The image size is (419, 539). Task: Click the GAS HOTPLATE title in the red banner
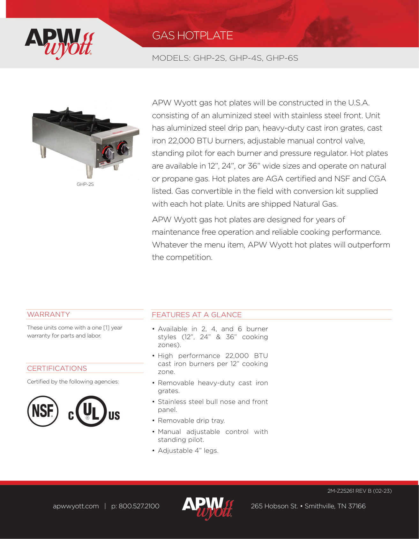click(192, 35)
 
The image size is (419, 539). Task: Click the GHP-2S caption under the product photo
click(85, 184)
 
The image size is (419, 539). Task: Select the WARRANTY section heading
click(49, 315)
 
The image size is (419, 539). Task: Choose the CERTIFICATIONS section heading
click(57, 368)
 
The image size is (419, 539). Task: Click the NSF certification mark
click(43, 411)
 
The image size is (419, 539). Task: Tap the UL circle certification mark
click(91, 411)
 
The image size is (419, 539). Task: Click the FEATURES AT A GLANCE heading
click(197, 315)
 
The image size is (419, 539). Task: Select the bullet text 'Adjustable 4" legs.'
click(188, 451)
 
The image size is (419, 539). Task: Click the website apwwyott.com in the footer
click(76, 506)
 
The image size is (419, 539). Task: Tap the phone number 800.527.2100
click(138, 506)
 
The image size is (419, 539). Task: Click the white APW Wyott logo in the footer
click(208, 508)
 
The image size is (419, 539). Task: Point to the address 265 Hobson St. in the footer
click(274, 506)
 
